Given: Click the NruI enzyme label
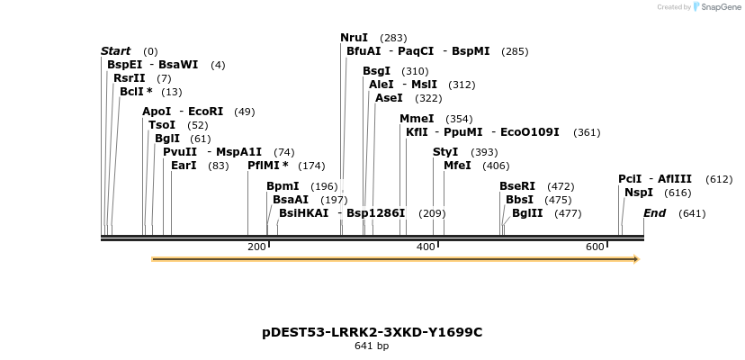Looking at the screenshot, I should tap(354, 38).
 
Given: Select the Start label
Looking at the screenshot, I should tap(115, 51).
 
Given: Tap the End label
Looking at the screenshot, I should tap(654, 213).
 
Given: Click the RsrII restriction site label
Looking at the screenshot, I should tap(129, 78).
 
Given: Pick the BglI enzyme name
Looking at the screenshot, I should tap(167, 139).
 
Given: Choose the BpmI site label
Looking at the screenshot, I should tap(282, 186).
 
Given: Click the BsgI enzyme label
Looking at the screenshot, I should tap(376, 71).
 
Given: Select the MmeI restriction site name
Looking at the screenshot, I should tap(417, 119).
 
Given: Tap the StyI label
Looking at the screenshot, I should tap(445, 152).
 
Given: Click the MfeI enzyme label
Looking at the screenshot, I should tap(457, 166).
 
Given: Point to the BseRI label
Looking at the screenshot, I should tap(517, 186).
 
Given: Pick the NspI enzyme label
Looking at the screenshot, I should tap(638, 193).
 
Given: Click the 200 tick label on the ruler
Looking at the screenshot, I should tap(256, 247).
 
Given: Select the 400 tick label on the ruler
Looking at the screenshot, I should tap(426, 247).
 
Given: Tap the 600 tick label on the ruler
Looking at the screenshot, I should tap(595, 247).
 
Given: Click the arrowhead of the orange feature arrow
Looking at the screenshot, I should tap(635, 259).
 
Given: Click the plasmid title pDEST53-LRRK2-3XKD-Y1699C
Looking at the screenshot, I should tap(372, 332).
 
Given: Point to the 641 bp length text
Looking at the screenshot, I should tap(372, 346).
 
